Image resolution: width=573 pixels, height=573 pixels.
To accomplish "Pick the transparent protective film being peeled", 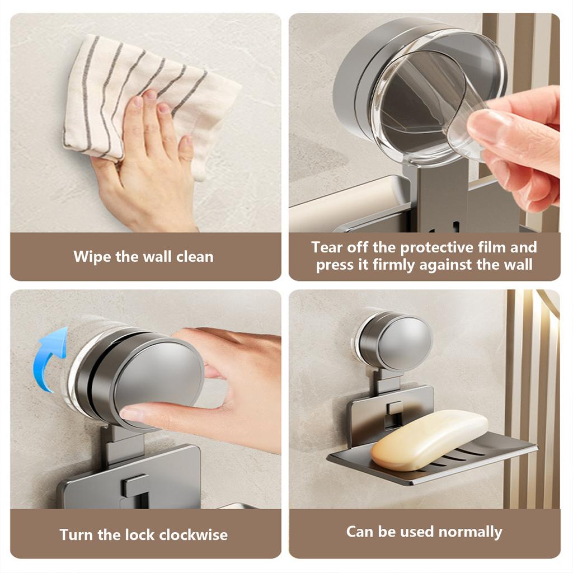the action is click(x=435, y=106).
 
